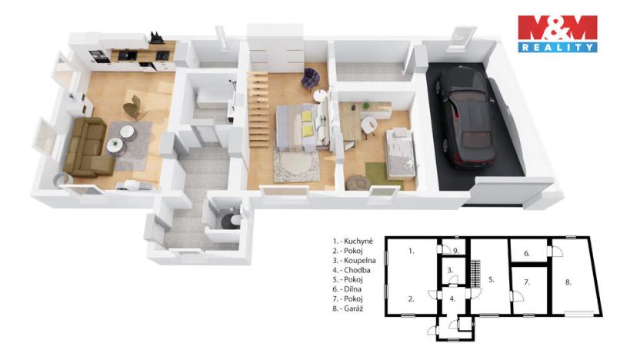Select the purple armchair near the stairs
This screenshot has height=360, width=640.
(312, 77)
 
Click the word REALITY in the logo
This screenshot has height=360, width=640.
(558, 48)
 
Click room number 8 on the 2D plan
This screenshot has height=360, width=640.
(568, 282)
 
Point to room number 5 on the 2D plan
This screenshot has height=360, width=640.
(490, 278)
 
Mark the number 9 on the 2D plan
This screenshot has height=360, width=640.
(456, 250)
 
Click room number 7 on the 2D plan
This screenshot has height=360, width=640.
(527, 283)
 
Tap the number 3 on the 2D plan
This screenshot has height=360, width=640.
(450, 270)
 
